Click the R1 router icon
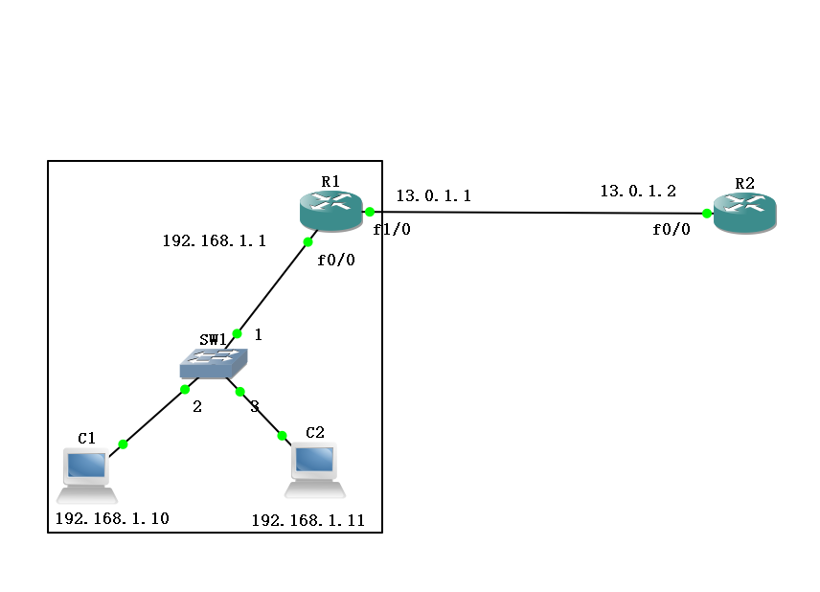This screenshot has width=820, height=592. (331, 211)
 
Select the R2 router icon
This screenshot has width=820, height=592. (744, 213)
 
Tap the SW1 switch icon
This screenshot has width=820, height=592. (214, 363)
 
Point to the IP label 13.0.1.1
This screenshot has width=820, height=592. (434, 195)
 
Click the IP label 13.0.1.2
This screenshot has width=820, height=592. (638, 191)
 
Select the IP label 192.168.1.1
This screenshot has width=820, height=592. (215, 240)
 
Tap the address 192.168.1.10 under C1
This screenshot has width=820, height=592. (112, 518)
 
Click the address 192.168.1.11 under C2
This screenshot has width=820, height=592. (308, 520)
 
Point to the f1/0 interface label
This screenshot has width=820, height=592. (392, 229)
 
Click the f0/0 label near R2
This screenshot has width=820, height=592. (671, 229)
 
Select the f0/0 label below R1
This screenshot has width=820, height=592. (335, 260)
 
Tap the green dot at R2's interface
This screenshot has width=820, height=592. (707, 214)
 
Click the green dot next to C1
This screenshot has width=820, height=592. (123, 444)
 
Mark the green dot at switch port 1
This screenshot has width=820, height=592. (237, 333)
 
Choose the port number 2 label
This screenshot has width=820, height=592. (197, 406)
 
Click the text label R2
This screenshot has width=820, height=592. (744, 184)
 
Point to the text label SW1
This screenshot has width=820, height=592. (213, 339)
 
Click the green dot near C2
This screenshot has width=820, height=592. (282, 436)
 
